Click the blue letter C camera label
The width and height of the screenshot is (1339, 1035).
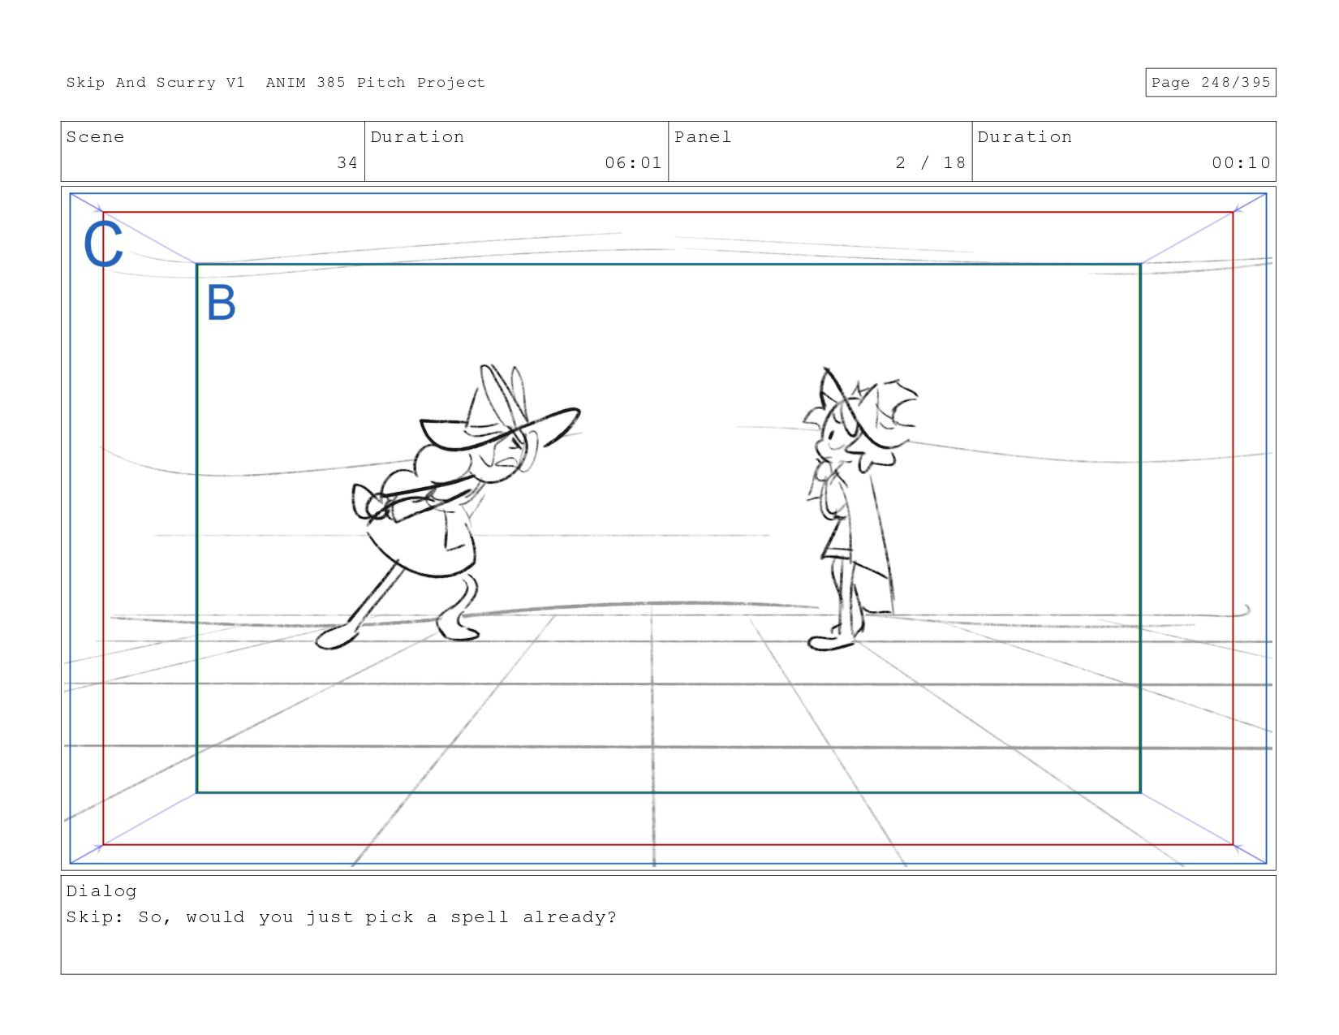coord(103,244)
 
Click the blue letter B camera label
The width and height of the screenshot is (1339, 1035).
coord(222,303)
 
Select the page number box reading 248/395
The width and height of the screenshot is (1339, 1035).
coord(1210,83)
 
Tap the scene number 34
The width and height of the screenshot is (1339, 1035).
coord(347,162)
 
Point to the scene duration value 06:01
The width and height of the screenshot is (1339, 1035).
coord(633,162)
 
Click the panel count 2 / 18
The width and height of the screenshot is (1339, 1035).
coord(931,162)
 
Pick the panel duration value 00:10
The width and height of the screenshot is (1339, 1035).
coord(1241,162)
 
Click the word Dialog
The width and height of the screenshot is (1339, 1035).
coord(101,891)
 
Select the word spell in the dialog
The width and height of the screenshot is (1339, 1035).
coord(480,918)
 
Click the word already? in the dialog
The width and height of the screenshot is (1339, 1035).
coord(570,918)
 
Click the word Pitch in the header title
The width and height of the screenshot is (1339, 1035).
coord(381,83)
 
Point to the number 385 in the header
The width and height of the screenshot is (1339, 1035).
coord(331,83)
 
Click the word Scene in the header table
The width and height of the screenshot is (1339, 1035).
coord(95,137)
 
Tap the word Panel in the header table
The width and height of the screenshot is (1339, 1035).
coord(703,137)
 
